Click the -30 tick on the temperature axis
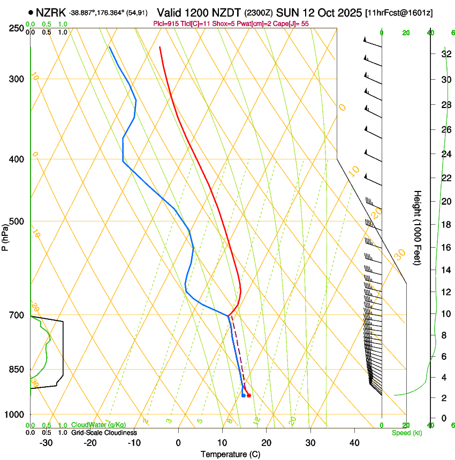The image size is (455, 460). (46, 443)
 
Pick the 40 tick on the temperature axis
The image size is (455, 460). (354, 443)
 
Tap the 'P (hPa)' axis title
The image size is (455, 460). (5, 235)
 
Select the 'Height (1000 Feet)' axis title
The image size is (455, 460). (418, 227)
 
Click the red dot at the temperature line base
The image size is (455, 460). (249, 395)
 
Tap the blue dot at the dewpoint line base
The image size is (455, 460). (244, 395)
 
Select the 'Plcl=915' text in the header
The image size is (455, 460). (165, 24)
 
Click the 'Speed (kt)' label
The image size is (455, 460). (406, 433)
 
